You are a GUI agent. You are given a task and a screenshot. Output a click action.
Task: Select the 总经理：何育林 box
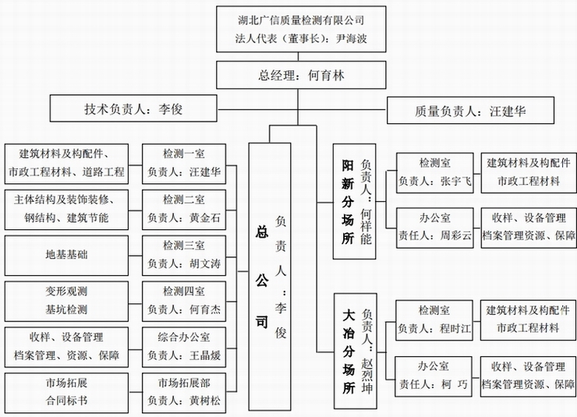(x=300, y=76)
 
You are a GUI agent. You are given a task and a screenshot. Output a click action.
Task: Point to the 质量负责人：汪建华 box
(x=471, y=110)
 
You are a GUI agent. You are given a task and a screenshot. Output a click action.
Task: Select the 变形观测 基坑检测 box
(x=66, y=300)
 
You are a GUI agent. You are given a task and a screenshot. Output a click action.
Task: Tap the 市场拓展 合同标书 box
(x=66, y=392)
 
